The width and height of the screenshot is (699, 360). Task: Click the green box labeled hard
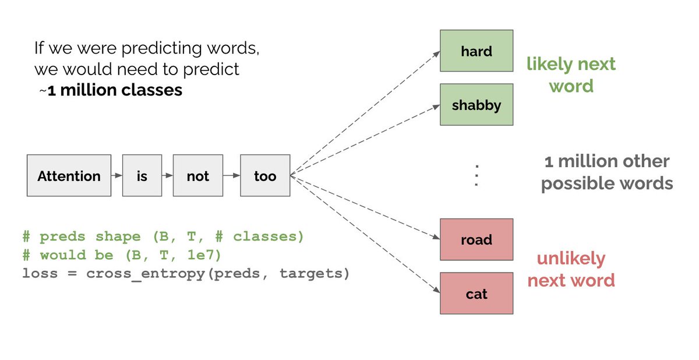[x=476, y=51]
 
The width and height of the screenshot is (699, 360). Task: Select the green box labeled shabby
[x=476, y=105]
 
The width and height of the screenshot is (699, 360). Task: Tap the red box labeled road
[x=476, y=239]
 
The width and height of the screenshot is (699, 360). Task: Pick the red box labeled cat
[x=476, y=294]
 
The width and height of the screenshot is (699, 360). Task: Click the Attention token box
[x=69, y=175]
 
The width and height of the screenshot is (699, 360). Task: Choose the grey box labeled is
[x=142, y=175]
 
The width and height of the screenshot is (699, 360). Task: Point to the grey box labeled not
[x=197, y=175]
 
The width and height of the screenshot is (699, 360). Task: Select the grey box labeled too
[x=265, y=175]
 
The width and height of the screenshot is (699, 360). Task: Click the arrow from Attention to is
[x=116, y=175]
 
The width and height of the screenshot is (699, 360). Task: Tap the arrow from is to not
[x=168, y=175]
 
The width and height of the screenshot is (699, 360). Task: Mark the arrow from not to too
[x=231, y=175]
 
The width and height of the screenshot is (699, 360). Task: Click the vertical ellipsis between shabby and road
[x=476, y=175]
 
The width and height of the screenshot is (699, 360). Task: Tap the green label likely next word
[x=570, y=75]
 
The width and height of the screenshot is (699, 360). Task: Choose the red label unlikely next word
[x=570, y=269]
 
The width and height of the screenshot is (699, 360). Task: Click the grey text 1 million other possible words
[x=607, y=172]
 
